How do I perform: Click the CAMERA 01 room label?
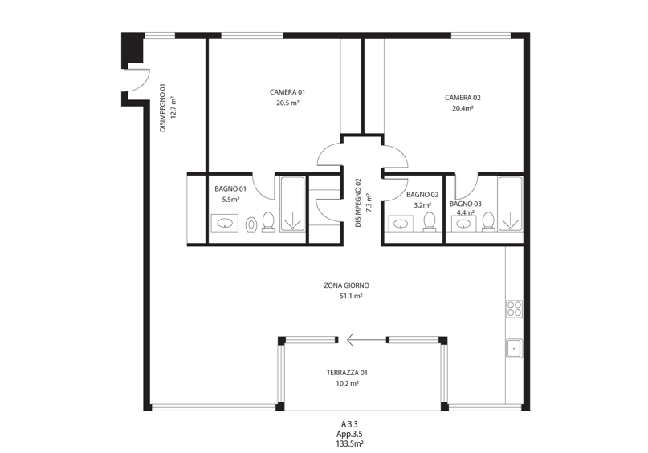287,92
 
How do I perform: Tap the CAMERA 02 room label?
463,98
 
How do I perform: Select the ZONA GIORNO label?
346,285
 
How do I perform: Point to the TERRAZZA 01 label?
347,373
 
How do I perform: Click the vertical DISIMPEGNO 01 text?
163,108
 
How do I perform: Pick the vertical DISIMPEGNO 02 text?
358,203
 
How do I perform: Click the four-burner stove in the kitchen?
514,309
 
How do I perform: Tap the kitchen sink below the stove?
514,348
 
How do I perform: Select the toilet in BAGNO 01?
269,221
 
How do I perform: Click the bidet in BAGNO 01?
251,224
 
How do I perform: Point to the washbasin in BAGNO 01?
224,223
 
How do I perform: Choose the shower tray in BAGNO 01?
293,204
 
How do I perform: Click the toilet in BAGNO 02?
430,222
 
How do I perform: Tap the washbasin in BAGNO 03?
463,224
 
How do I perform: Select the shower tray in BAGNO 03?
511,204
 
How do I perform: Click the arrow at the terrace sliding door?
367,340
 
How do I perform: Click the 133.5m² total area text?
349,444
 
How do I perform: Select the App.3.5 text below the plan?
349,434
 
